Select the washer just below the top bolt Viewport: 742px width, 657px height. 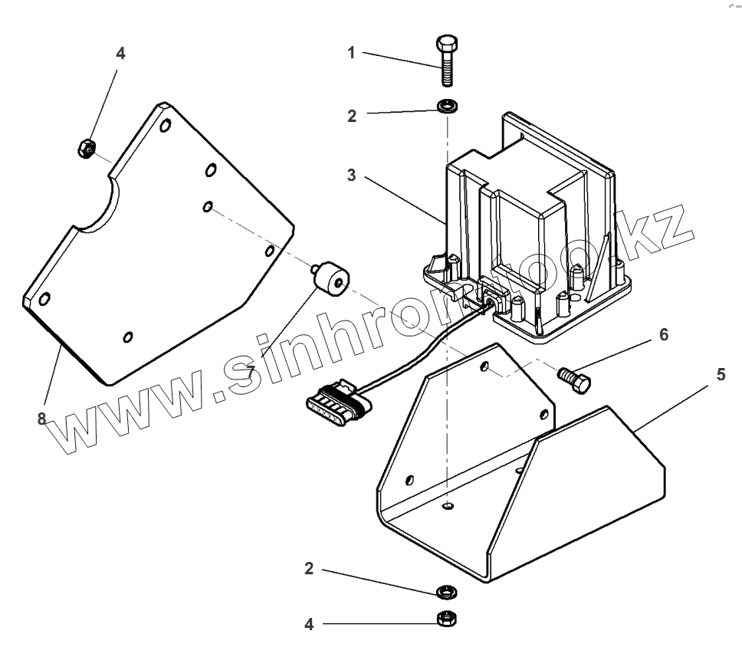pyautogui.click(x=444, y=105)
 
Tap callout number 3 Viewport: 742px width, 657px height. pyautogui.click(x=350, y=176)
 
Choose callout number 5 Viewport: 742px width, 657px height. pyautogui.click(x=721, y=375)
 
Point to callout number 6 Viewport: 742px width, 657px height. pyautogui.click(x=664, y=335)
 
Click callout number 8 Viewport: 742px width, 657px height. pyautogui.click(x=43, y=419)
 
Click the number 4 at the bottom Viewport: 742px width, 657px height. pyautogui.click(x=309, y=624)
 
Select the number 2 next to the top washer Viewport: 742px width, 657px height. pyautogui.click(x=350, y=117)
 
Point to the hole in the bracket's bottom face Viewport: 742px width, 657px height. pyautogui.click(x=448, y=507)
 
